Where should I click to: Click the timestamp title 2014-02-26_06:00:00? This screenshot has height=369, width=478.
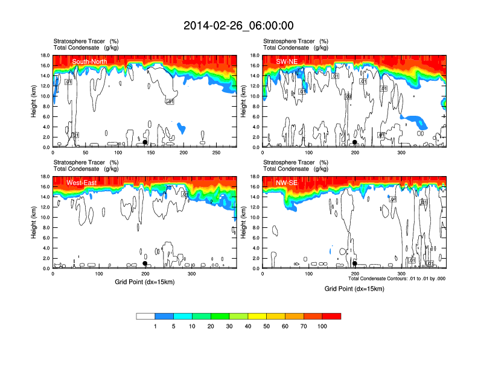click(238, 25)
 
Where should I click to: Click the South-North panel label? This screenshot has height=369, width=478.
click(89, 61)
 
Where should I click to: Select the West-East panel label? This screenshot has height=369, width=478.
click(84, 183)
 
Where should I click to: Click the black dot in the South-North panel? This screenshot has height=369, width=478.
click(145, 142)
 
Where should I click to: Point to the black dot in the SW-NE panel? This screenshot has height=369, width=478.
click(355, 142)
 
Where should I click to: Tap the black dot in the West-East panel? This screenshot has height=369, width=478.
click(145, 263)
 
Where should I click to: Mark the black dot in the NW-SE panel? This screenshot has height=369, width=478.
click(355, 263)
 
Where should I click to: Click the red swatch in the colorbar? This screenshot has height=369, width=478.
click(331, 316)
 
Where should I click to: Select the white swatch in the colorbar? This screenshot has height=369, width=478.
click(145, 316)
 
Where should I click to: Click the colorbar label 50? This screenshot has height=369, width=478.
click(267, 326)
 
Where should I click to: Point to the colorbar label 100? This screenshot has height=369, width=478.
click(322, 326)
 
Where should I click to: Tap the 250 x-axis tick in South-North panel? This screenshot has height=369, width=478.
click(215, 153)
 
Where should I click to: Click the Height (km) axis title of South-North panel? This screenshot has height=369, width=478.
click(34, 101)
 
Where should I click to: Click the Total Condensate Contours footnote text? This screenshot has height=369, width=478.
click(397, 279)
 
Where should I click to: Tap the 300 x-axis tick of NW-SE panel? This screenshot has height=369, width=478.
click(402, 274)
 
